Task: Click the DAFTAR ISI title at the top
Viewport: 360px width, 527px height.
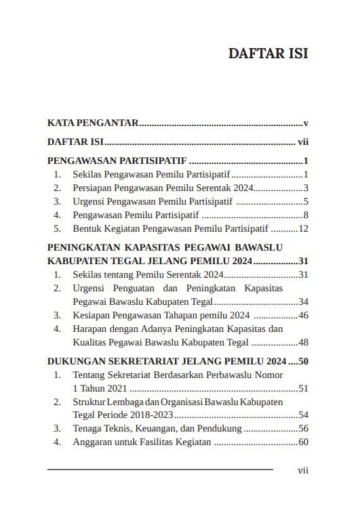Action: point(268,54)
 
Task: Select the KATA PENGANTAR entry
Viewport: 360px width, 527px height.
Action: point(93,123)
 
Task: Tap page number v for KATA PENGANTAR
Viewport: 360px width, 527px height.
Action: point(306,123)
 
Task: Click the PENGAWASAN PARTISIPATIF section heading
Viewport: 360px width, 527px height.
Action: point(117,161)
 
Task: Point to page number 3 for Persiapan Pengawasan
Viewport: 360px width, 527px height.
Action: point(306,188)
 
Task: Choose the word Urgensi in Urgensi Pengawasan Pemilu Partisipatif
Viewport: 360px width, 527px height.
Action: point(89,201)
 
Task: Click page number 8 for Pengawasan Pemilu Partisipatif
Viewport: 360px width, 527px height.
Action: point(306,215)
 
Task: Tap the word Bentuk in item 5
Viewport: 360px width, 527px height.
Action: point(87,228)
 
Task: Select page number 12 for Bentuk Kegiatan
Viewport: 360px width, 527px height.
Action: point(304,228)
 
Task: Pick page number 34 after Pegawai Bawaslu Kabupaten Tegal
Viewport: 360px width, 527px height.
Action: point(304,301)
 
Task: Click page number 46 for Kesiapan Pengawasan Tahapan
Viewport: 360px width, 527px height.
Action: point(304,315)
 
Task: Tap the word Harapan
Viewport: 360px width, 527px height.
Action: point(90,329)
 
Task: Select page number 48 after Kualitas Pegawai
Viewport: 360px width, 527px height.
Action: point(304,342)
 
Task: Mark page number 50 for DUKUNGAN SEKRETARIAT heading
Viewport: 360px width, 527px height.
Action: point(303,360)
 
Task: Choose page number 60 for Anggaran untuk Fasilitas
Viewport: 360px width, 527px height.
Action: point(304,442)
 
